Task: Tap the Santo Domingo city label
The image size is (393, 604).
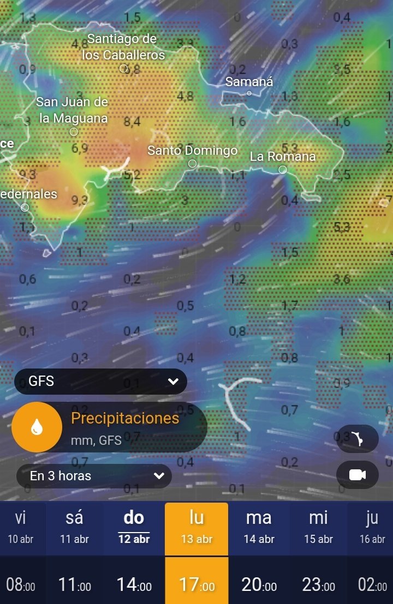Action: click(193, 150)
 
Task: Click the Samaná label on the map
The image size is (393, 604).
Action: click(249, 82)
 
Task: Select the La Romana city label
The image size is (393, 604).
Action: click(283, 156)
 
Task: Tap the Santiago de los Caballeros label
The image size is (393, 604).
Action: click(123, 47)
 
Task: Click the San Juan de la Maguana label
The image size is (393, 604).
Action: click(72, 110)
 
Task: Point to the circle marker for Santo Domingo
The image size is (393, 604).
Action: click(192, 164)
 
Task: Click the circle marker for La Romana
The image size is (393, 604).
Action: click(283, 170)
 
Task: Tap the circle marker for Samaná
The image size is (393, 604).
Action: click(249, 93)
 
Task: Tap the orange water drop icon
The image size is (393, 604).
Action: click(37, 427)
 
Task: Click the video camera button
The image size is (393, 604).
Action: click(358, 475)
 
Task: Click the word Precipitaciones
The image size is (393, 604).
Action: click(125, 418)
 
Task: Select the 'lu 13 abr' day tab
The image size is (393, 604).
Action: click(196, 528)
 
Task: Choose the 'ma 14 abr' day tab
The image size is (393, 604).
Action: click(259, 528)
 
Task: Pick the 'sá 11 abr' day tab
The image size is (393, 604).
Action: click(74, 528)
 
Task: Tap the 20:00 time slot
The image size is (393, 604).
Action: click(259, 585)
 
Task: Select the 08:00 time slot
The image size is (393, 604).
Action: click(21, 585)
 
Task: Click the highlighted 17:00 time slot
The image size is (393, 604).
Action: click(196, 585)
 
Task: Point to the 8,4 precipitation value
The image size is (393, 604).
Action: click(132, 122)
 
